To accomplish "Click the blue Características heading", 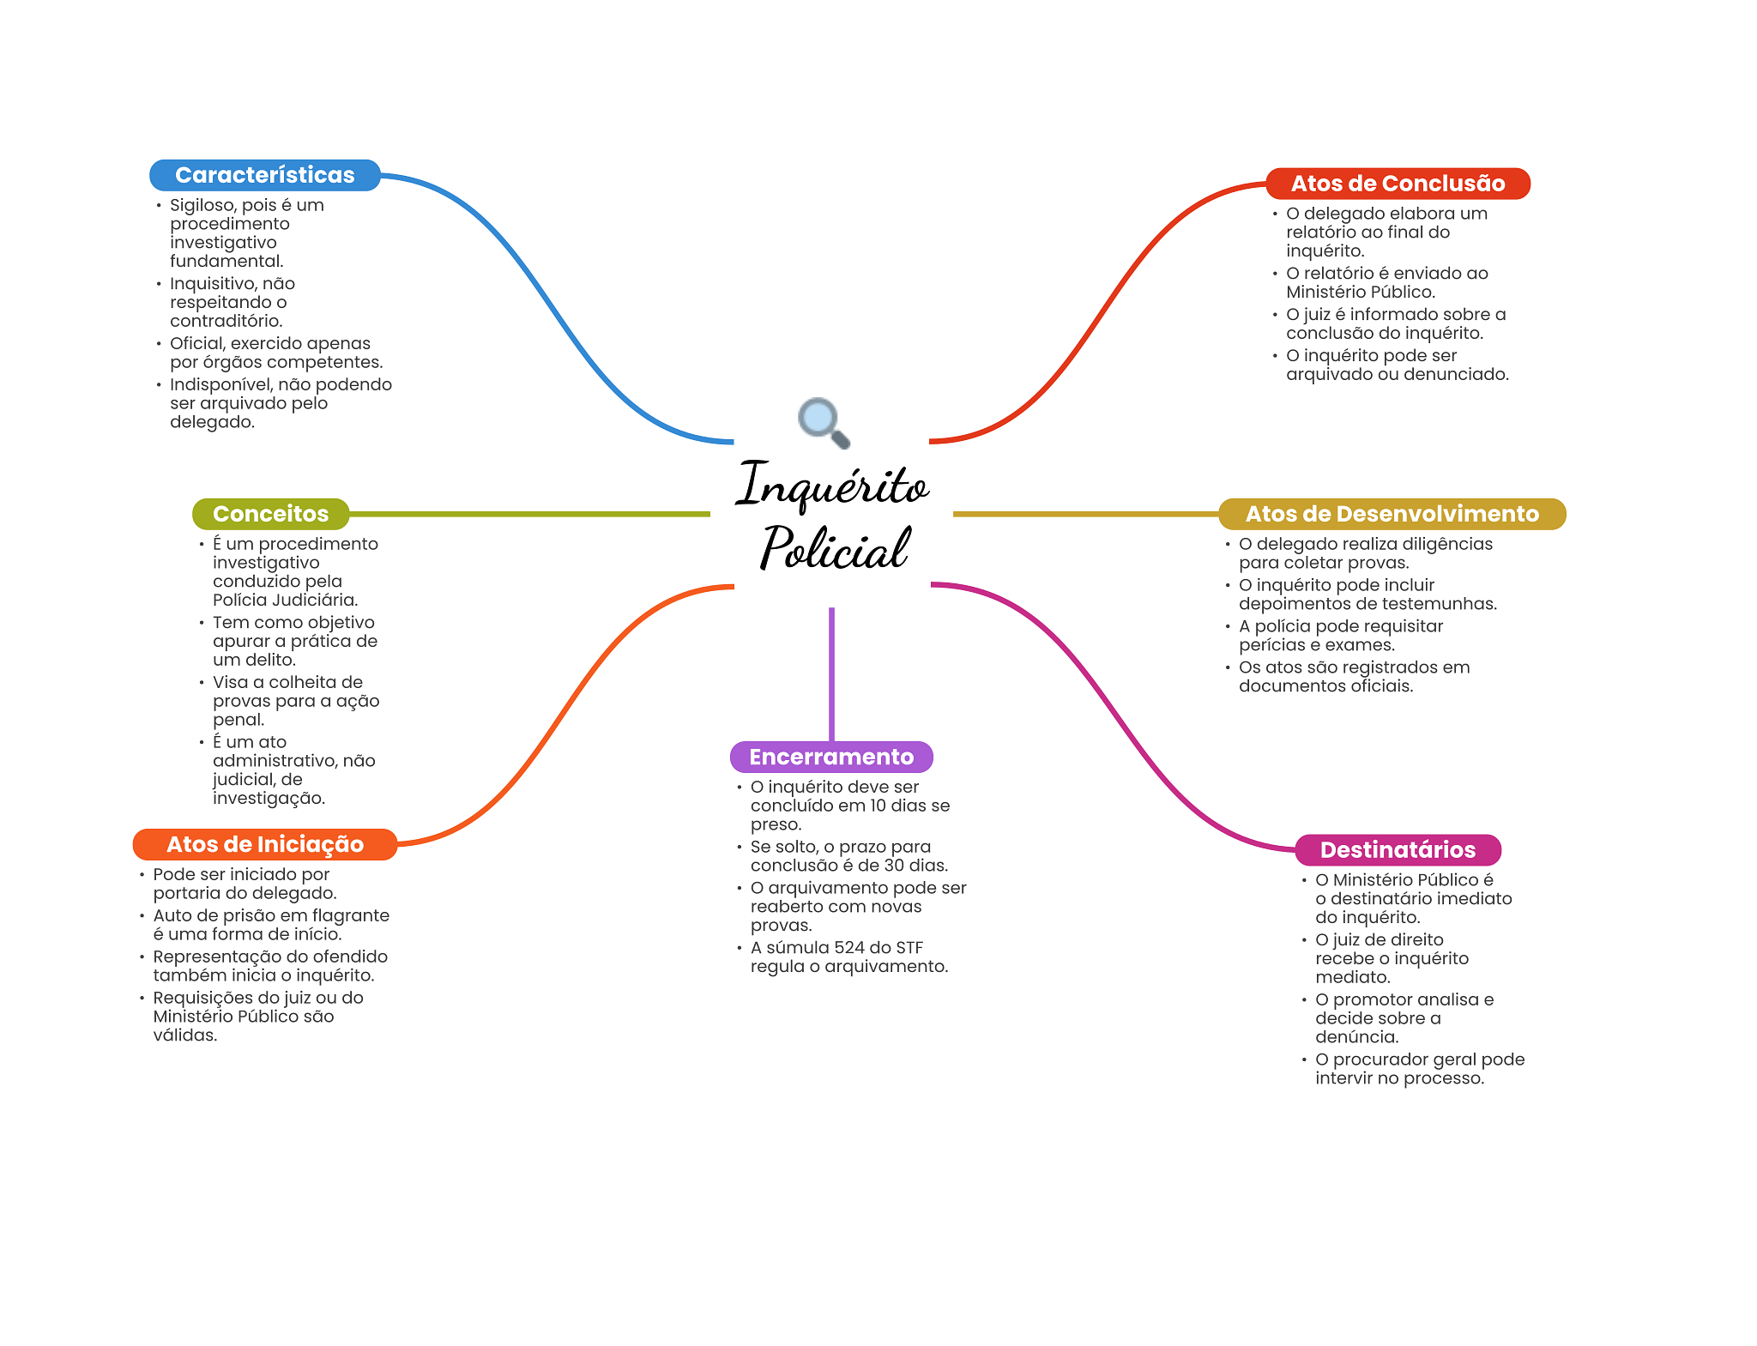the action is tap(265, 175).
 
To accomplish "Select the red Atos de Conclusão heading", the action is tap(1398, 184).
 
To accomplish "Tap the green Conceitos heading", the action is tap(271, 514).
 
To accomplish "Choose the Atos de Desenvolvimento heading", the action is tap(1392, 514).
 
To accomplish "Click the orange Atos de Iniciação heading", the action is tap(265, 844).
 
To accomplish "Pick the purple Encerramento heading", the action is tap(831, 757).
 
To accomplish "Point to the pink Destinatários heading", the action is tap(1398, 850).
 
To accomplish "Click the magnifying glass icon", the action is tap(824, 422).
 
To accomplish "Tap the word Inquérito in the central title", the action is tap(832, 485).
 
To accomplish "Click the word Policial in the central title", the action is tap(834, 547).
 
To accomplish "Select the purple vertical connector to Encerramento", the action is tap(831, 674).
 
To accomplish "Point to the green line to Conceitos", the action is tap(530, 514).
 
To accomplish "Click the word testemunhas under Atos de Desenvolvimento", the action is tap(1445, 604).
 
